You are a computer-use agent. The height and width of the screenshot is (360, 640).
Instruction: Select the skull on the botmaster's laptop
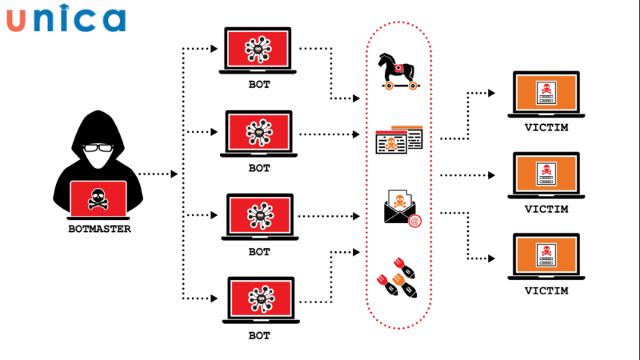pos(98,197)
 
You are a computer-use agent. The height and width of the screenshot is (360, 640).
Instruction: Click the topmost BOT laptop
pos(259,50)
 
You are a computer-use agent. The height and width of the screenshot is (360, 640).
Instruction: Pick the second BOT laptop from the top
pos(259,133)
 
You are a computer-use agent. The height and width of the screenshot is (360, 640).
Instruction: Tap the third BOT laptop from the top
pos(259,214)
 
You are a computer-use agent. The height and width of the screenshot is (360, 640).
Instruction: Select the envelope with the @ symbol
pos(400,210)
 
